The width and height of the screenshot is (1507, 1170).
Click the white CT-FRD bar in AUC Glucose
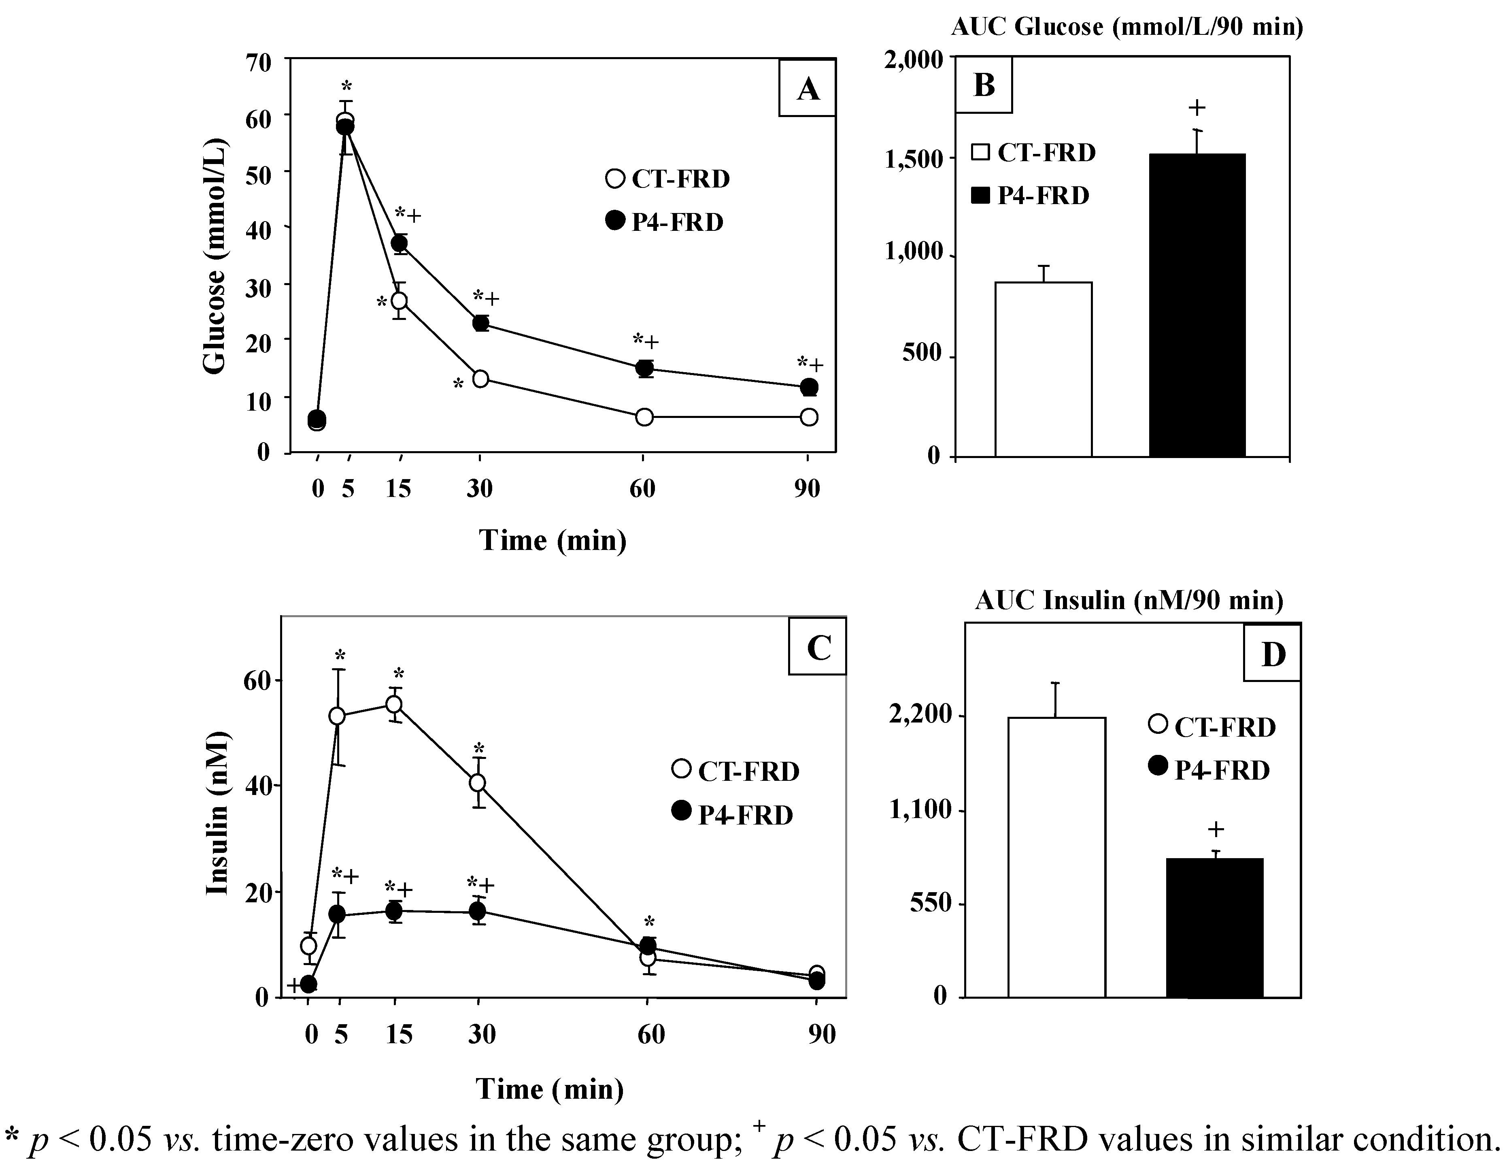click(1043, 369)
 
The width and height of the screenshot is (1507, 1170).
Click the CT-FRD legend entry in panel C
click(735, 771)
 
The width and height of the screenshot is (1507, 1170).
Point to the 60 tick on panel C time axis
click(651, 1034)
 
